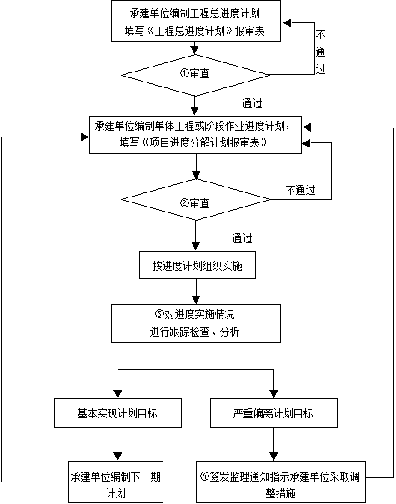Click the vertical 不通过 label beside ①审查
(320, 52)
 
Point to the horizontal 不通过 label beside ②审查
(300, 190)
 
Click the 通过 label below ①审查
(252, 103)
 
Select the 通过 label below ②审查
(243, 238)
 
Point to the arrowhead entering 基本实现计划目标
(118, 394)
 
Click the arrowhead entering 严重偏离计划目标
(273, 394)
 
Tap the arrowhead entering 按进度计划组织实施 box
(196, 247)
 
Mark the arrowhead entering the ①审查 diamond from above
(194, 50)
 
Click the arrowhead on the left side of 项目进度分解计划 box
(85, 137)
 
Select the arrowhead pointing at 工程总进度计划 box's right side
(287, 23)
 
